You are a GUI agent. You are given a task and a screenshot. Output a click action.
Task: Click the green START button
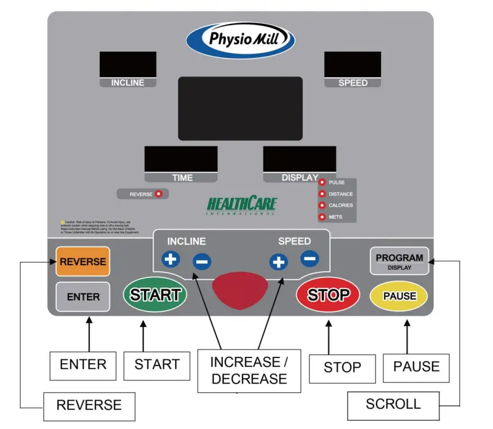pos(155,294)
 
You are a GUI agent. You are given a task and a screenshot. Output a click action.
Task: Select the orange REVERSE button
pos(83,262)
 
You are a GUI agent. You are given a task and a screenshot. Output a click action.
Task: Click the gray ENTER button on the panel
pos(83,297)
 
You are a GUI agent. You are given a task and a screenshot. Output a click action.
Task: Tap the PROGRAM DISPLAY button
pos(399,261)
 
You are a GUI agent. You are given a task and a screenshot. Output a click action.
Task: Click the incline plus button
pos(170,260)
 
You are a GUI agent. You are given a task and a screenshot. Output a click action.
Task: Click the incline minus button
pos(202,261)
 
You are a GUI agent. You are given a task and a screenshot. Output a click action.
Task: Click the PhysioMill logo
pos(240,39)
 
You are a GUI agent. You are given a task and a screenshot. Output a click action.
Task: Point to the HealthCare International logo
pos(242,204)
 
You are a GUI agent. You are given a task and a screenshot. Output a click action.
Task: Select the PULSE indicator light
pos(322,182)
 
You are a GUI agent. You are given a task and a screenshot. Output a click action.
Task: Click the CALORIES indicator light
pos(322,205)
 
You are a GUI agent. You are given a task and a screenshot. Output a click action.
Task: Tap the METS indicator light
pos(322,217)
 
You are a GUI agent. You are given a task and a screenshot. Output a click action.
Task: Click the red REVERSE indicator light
pos(159,194)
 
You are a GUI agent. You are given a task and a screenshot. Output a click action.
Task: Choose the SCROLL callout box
pos(393,404)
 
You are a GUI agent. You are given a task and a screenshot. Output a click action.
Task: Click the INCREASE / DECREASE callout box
pos(249,370)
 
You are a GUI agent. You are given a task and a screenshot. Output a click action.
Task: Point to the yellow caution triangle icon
pos(62,222)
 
